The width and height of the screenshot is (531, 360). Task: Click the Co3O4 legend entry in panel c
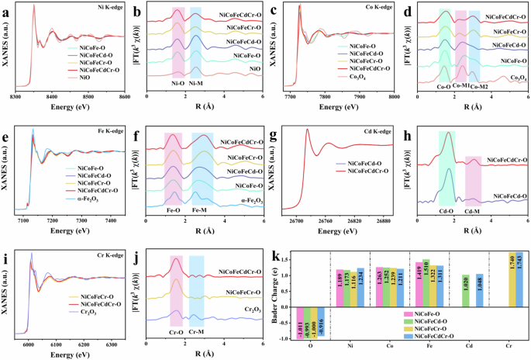point(359,78)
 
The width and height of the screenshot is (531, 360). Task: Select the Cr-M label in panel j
point(197,329)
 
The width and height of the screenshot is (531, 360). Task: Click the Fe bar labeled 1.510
point(426,273)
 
